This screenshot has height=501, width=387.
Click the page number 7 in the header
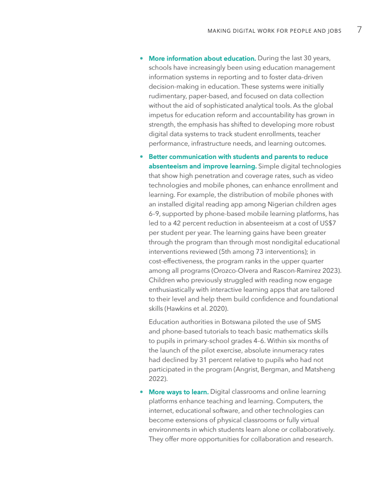[359, 30]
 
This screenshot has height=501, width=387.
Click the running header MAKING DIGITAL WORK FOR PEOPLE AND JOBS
[274, 31]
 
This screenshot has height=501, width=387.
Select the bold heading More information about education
[202, 58]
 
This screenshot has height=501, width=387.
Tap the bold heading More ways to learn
[178, 392]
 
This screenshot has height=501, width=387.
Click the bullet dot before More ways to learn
[141, 392]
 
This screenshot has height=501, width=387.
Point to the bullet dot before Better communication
[141, 157]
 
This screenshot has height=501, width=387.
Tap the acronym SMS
[313, 322]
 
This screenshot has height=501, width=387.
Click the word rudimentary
[168, 96]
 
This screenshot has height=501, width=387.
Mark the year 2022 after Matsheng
[157, 379]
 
